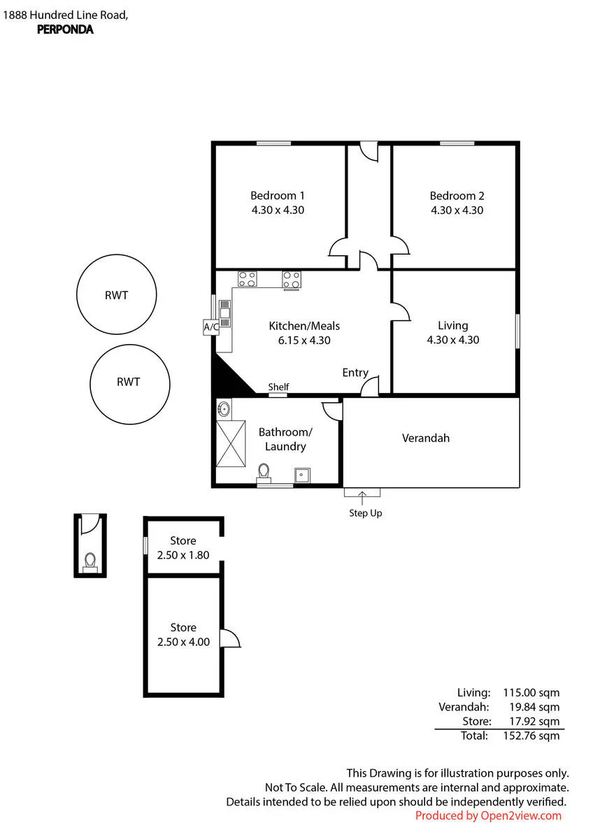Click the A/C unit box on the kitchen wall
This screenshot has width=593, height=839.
click(211, 327)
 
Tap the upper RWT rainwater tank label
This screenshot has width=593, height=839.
click(117, 295)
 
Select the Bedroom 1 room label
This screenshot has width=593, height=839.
click(277, 196)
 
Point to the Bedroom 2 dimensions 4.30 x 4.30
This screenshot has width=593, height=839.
click(457, 210)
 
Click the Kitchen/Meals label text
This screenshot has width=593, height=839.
click(304, 326)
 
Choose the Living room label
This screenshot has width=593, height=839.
click(453, 326)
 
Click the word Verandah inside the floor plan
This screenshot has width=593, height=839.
click(426, 438)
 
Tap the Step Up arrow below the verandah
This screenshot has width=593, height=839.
click(362, 498)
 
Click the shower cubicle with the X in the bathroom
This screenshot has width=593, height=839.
click(231, 443)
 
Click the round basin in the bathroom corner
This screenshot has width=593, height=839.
click(224, 408)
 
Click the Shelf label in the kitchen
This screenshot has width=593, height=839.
click(278, 387)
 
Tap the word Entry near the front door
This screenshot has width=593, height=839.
click(355, 373)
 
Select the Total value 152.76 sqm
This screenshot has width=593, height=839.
click(531, 736)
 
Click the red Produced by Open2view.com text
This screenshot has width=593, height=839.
click(488, 815)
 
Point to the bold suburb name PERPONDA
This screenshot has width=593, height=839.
click(65, 29)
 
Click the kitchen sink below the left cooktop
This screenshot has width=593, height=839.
click(224, 313)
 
